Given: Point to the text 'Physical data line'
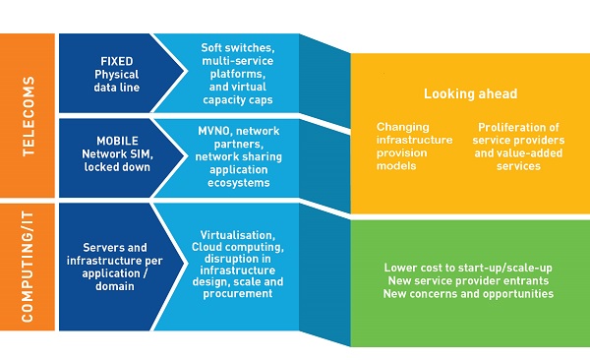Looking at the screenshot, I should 115,80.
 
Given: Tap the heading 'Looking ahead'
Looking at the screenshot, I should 470,94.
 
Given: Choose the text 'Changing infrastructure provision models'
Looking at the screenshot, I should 415,147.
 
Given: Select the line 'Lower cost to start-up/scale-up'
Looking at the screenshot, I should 470,267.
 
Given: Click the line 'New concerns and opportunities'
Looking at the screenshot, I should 470,293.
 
